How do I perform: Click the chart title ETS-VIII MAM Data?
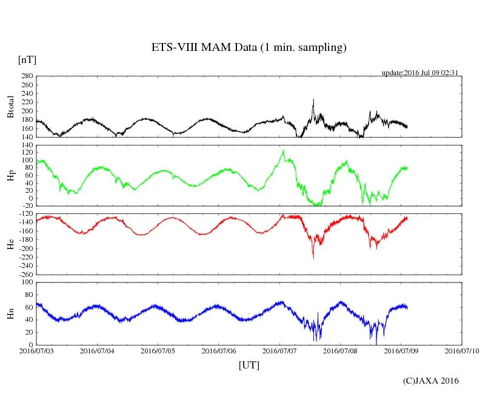point(249,48)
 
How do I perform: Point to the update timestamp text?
point(419,73)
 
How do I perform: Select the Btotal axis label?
point(10,107)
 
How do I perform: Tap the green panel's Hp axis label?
point(10,176)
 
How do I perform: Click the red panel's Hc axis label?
point(10,244)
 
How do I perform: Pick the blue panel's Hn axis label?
point(10,313)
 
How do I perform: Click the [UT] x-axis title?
point(249,365)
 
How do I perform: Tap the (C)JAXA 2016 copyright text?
point(431,381)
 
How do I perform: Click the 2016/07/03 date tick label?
point(36,350)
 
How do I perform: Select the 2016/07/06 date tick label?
point(219,350)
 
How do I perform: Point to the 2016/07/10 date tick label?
point(463,350)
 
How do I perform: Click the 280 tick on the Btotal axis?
point(25,76)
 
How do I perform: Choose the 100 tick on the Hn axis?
point(25,282)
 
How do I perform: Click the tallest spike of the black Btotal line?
point(313,99)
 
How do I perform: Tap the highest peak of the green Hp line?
point(282,151)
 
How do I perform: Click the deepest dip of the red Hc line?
point(313,258)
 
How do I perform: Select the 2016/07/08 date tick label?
point(341,350)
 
